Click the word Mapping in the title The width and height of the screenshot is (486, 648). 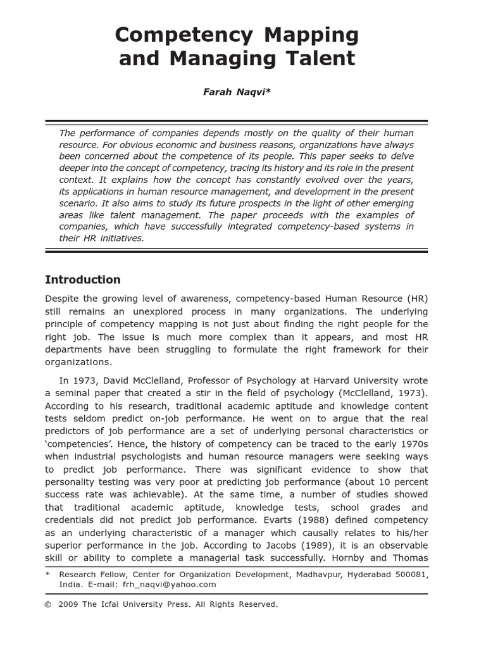click(x=301, y=34)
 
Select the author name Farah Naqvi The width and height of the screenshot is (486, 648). click(x=236, y=92)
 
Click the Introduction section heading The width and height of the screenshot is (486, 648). click(x=82, y=280)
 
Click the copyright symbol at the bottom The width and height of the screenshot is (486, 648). click(x=48, y=604)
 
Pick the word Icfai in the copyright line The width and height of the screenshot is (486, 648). click(x=111, y=604)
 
